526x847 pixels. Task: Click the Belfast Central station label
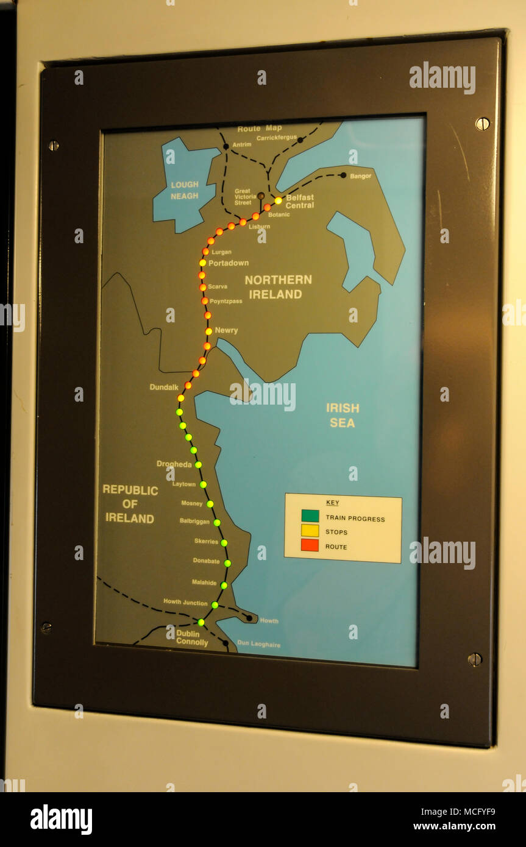(300, 202)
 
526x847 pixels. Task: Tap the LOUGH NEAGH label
(185, 190)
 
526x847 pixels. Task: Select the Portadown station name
(229, 263)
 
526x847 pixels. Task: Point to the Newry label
(226, 330)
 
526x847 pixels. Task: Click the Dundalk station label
(164, 388)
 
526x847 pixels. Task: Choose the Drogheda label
(174, 464)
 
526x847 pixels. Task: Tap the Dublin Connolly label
(192, 638)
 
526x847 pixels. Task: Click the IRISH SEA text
(343, 416)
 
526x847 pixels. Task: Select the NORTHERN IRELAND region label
(278, 287)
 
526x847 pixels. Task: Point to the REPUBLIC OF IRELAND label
(130, 504)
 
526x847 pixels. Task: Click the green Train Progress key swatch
(310, 516)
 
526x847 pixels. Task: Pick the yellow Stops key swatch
(310, 531)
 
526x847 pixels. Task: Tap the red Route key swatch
(310, 545)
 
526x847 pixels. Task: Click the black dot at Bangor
(343, 175)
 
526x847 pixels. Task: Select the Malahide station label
(204, 583)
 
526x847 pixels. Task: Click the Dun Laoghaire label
(259, 644)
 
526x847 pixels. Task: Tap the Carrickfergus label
(276, 138)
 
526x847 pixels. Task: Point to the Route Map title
(260, 129)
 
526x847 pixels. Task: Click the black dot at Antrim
(226, 146)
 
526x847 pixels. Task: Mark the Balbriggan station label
(194, 522)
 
